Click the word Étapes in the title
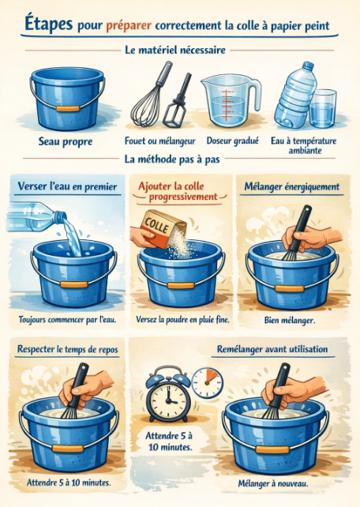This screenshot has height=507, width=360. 48,24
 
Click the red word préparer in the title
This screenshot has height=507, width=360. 129,25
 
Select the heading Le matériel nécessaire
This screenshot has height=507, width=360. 175,50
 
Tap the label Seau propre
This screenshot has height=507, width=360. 66,141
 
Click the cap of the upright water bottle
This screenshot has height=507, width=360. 308,66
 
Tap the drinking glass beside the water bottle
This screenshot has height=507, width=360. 323,109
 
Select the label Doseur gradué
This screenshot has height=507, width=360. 233,141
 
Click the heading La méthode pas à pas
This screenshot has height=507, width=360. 172,160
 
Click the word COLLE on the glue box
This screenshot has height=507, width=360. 156,225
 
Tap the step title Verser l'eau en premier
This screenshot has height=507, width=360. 67,186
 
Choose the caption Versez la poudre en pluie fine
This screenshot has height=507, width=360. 182,320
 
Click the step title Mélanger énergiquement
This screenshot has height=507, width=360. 292,186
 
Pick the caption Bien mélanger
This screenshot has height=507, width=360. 290,320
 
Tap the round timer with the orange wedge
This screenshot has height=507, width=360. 207,383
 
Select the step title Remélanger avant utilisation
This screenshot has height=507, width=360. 272,349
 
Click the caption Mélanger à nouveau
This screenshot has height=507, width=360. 272,483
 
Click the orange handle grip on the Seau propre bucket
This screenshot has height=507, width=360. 68,109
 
